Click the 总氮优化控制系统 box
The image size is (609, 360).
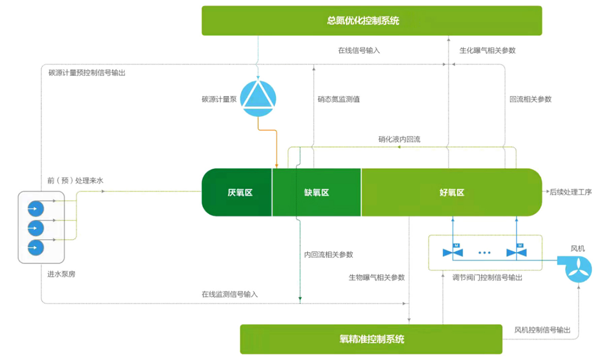[371, 21]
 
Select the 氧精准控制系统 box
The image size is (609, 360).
[371, 339]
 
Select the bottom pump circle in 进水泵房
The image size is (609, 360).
[35, 248]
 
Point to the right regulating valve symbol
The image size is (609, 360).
[517, 252]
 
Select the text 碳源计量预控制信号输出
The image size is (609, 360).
[87, 73]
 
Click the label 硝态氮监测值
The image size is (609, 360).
[339, 100]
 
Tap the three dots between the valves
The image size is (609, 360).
[485, 252]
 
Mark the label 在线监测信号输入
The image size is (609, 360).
[229, 294]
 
